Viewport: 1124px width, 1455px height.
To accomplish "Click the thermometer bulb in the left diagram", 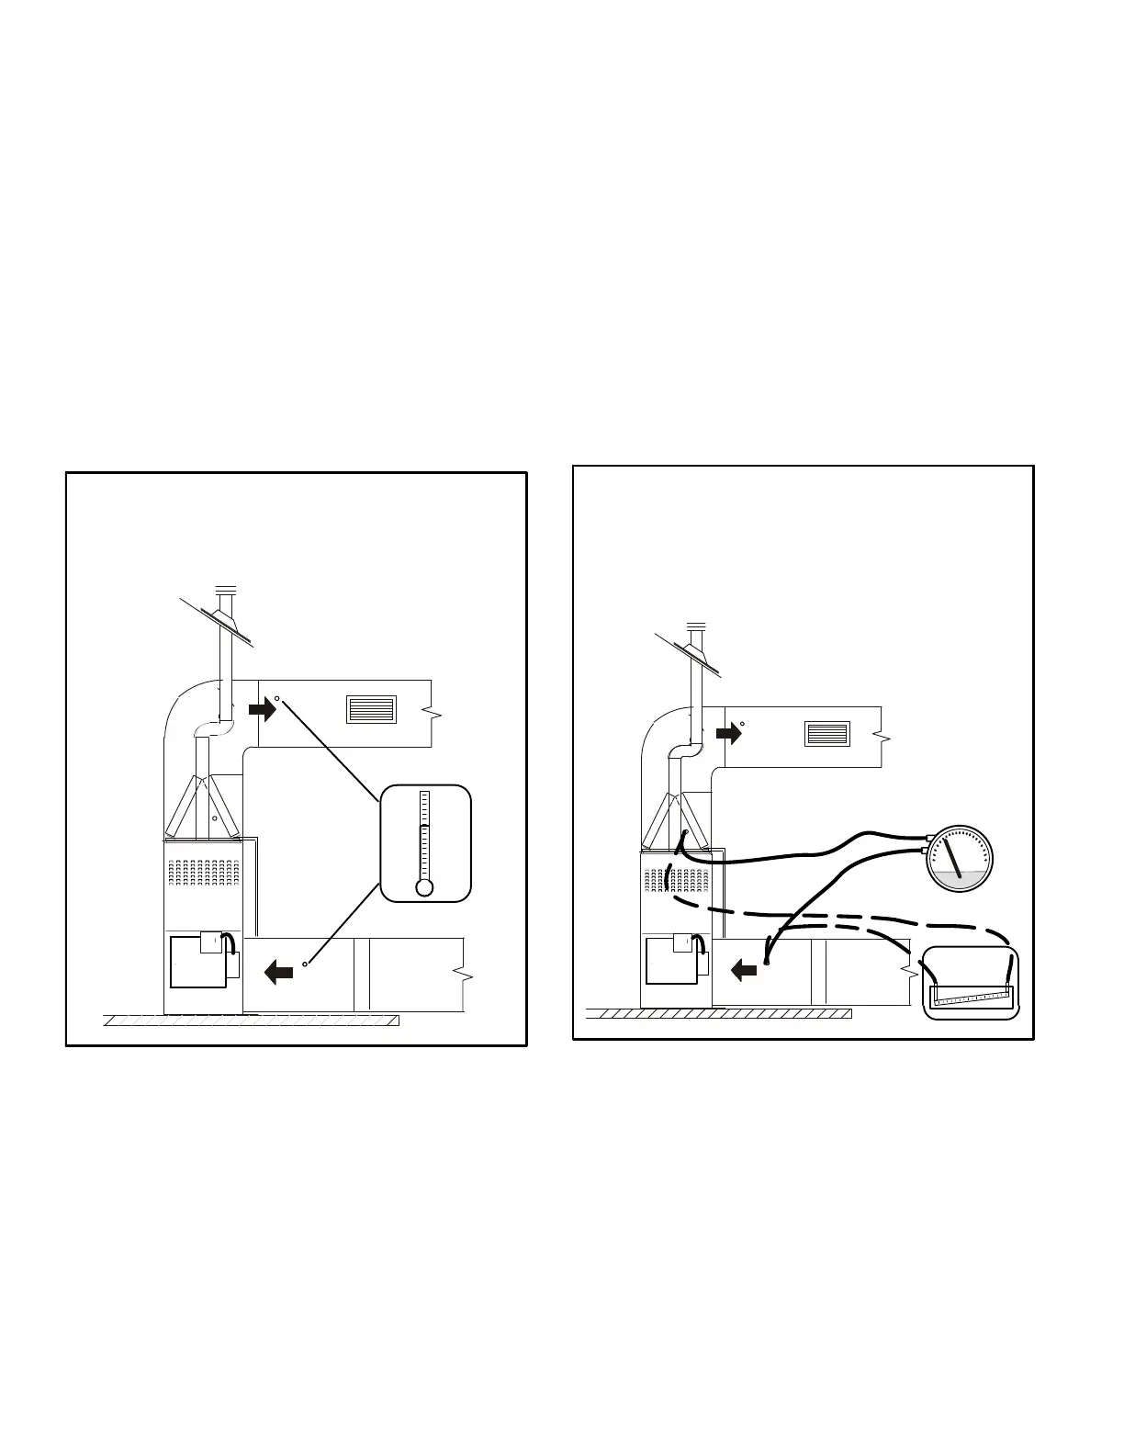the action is [x=424, y=888].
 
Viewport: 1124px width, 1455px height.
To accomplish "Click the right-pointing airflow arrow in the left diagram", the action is [x=264, y=707].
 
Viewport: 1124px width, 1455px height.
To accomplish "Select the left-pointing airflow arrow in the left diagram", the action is [x=278, y=969].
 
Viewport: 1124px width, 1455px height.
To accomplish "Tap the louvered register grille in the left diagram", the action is [x=371, y=709].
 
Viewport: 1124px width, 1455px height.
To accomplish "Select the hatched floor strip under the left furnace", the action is [x=252, y=1020].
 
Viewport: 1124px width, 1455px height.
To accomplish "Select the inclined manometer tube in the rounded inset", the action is [x=971, y=993].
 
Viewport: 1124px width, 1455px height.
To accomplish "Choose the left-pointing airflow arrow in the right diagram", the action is [x=744, y=967].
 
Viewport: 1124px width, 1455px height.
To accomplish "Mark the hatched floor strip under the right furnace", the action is [x=718, y=1013].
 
